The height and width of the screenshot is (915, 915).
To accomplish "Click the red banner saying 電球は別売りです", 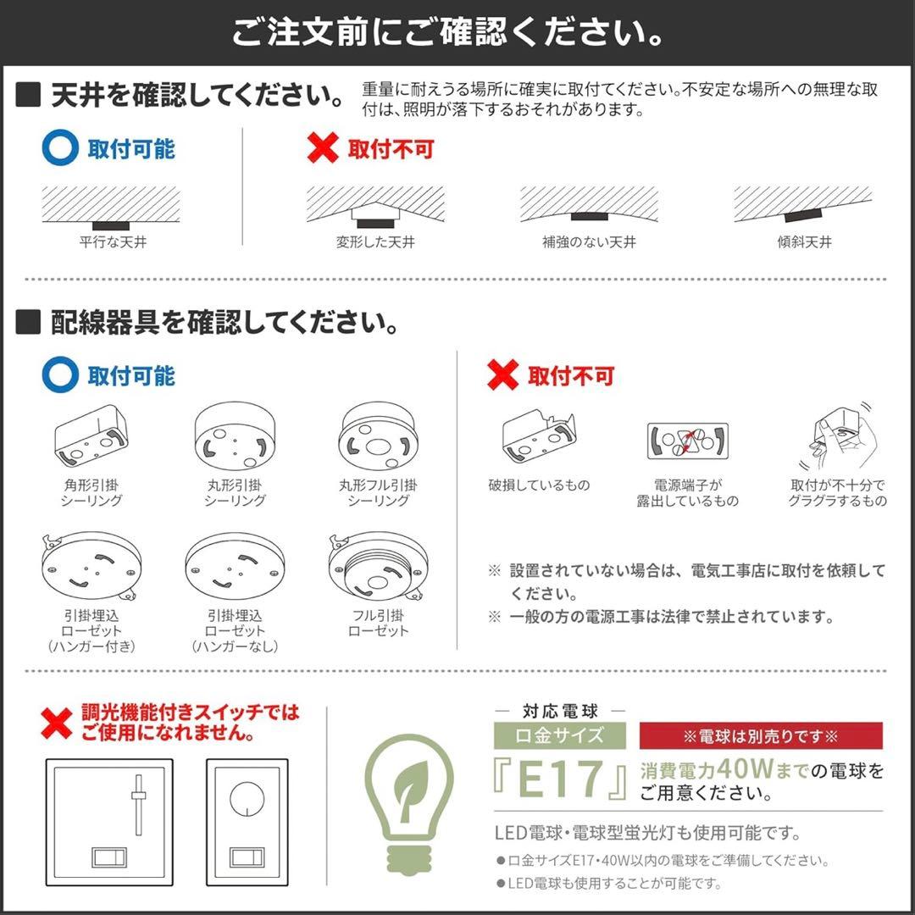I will tap(760, 735).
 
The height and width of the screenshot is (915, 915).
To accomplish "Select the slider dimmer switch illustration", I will tap(108, 819).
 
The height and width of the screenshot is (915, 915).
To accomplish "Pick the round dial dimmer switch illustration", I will tap(247, 819).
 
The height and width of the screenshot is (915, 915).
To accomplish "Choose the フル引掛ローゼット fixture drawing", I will tap(379, 566).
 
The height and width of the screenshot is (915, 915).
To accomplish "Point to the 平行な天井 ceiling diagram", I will tap(112, 208).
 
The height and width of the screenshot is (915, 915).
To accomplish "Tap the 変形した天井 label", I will tap(375, 242).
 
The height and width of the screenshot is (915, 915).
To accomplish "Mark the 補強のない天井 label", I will tap(589, 242).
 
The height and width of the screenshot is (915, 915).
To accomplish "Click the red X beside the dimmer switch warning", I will tap(57, 723).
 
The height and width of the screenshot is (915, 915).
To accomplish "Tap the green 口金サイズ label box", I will tap(560, 735).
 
